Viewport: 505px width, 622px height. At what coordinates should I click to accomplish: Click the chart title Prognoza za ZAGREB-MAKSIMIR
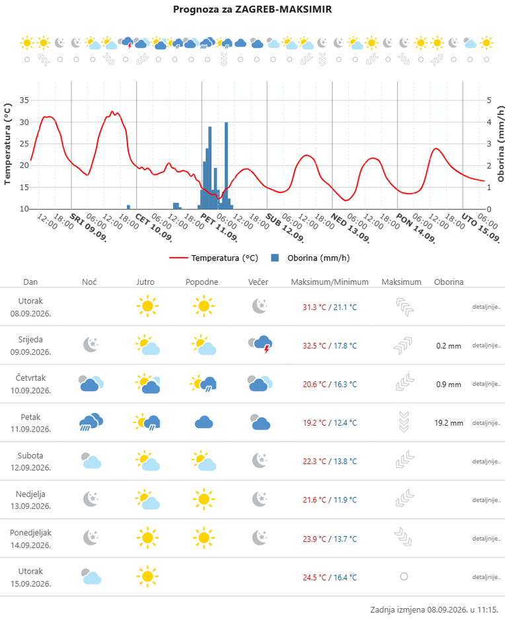[x=252, y=9]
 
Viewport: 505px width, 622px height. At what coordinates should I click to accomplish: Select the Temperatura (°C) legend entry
[x=214, y=258]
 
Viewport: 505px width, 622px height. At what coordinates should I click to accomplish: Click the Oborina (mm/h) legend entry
[x=310, y=258]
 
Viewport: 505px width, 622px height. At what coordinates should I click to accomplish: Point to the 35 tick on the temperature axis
[x=24, y=100]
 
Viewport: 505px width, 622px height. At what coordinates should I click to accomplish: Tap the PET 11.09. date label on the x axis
[x=219, y=227]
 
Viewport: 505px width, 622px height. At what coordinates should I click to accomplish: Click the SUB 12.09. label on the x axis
[x=285, y=227]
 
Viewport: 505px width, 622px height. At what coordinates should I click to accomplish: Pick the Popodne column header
[x=202, y=282]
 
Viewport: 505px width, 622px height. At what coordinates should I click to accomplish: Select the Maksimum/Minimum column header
[x=330, y=282]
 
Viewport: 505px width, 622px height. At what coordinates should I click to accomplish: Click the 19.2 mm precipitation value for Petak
[x=449, y=423]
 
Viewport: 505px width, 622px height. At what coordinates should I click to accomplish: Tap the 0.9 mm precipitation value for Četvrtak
[x=449, y=385]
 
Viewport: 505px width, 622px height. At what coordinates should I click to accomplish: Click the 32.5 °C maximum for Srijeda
[x=314, y=346]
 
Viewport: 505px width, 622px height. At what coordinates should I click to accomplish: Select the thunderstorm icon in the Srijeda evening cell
[x=260, y=344]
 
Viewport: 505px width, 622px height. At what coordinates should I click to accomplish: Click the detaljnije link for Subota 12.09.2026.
[x=486, y=461]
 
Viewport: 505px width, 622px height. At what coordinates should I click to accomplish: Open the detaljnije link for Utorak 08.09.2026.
[x=486, y=307]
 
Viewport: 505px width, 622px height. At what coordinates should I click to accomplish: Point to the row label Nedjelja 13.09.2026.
[x=30, y=500]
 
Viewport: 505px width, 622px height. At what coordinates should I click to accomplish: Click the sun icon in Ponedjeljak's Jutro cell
[x=147, y=538]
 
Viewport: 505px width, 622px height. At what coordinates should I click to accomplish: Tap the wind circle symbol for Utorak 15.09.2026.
[x=404, y=576]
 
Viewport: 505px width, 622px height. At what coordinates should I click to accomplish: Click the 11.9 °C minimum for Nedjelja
[x=345, y=500]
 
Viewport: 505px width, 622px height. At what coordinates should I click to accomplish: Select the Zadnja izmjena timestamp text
[x=434, y=609]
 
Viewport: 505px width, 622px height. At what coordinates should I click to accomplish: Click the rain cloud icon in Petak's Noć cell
[x=91, y=422]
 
